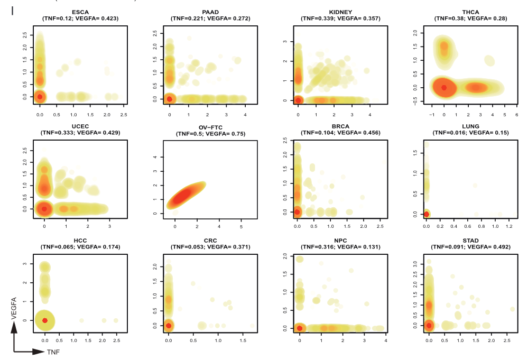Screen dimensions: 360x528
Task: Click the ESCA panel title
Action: coord(80,12)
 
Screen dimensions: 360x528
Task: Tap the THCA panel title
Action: coord(470,12)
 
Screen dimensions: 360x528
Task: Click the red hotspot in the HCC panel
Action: coord(45,320)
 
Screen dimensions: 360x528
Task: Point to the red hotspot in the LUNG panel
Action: coord(427,214)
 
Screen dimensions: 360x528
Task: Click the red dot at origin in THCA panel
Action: coord(444,88)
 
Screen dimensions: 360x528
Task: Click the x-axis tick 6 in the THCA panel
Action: coord(516,114)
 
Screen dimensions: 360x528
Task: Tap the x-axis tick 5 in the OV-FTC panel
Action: coord(241,227)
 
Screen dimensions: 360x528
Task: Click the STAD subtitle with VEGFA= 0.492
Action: coord(470,247)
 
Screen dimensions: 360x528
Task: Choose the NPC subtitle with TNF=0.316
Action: coord(340,247)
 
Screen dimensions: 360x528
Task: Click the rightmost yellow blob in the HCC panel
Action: coord(116,320)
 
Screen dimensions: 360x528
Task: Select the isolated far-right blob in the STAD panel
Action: coord(512,309)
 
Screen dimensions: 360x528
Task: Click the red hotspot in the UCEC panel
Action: coord(44,209)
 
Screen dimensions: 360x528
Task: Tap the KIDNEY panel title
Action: coord(340,12)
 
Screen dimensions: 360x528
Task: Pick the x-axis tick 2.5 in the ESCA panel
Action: coord(123,114)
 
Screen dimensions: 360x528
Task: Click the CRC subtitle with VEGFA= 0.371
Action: coord(210,247)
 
